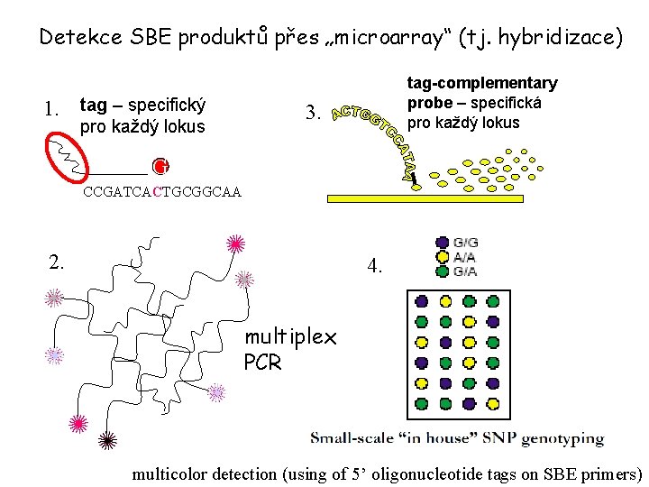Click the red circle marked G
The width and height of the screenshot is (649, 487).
click(x=160, y=166)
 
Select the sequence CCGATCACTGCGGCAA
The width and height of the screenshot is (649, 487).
click(x=162, y=192)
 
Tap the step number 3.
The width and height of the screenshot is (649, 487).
click(x=314, y=114)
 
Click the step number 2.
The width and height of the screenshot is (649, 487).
click(x=57, y=262)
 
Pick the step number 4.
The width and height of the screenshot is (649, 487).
click(x=376, y=267)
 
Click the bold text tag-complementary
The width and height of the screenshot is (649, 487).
click(x=482, y=83)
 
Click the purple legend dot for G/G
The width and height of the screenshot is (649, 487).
click(x=442, y=242)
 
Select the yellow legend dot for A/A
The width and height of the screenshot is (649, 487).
click(x=442, y=256)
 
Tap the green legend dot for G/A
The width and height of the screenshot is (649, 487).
click(x=442, y=271)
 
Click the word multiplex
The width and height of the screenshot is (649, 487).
click(x=289, y=338)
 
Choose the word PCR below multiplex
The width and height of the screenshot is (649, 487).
click(x=262, y=363)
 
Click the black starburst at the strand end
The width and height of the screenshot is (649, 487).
click(x=107, y=440)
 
